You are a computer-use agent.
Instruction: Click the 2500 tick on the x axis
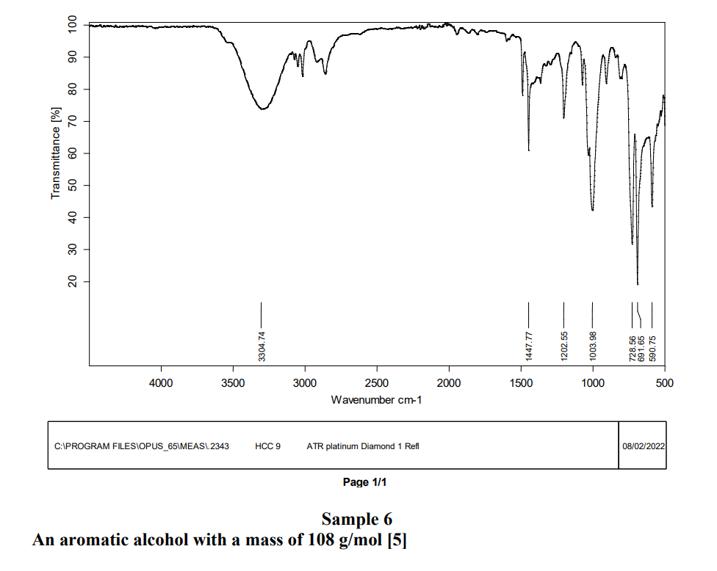377,382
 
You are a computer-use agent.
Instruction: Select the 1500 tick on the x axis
521,382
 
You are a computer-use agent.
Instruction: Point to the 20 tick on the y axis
72,282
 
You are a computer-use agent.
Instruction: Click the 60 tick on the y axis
72,153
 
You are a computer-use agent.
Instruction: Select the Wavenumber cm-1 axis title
377,400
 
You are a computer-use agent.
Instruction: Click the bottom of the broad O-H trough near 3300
261,109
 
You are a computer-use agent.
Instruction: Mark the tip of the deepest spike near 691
638,284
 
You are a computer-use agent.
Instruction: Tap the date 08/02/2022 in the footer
643,445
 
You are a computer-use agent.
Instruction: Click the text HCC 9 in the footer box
267,445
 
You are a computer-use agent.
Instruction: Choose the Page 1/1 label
364,482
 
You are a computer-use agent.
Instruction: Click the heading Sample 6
357,520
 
